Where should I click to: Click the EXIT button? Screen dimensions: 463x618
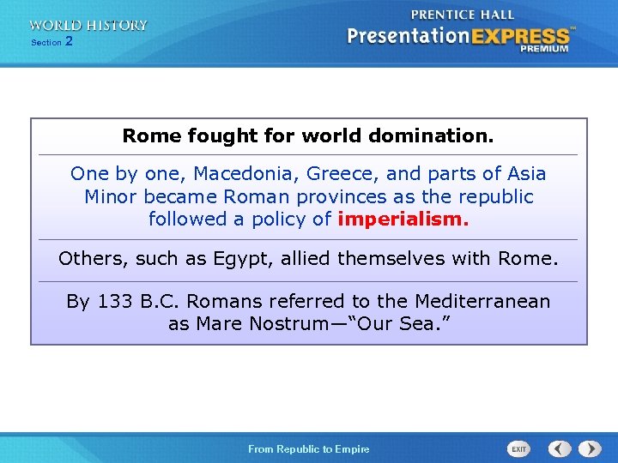(519, 449)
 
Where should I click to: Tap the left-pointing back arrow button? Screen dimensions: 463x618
(560, 448)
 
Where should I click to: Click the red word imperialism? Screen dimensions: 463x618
(403, 219)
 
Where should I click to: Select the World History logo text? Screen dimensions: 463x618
(88, 25)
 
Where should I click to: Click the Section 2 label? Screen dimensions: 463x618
(51, 42)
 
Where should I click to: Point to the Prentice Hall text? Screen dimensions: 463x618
(463, 15)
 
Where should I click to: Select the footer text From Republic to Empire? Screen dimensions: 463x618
(309, 449)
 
